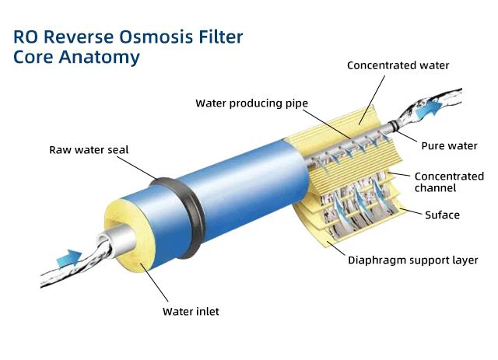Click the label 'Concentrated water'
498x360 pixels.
[398, 65]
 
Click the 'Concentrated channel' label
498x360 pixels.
[446, 182]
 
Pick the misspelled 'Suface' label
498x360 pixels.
[441, 215]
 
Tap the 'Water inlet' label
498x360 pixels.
[191, 311]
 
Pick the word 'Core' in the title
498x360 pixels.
[32, 57]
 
